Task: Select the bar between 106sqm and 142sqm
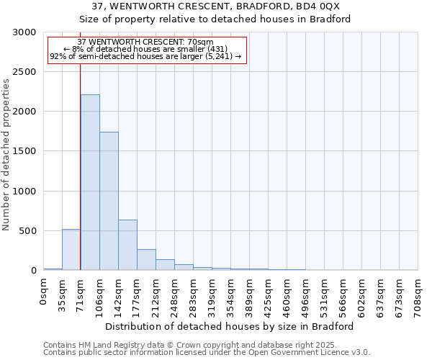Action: [x=109, y=201]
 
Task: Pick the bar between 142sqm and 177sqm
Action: [x=127, y=245]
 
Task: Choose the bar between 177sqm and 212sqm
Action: [x=146, y=259]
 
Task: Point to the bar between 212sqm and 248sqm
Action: [x=165, y=264]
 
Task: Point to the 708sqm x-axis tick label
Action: [x=418, y=294]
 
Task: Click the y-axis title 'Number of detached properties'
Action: [x=7, y=155]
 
